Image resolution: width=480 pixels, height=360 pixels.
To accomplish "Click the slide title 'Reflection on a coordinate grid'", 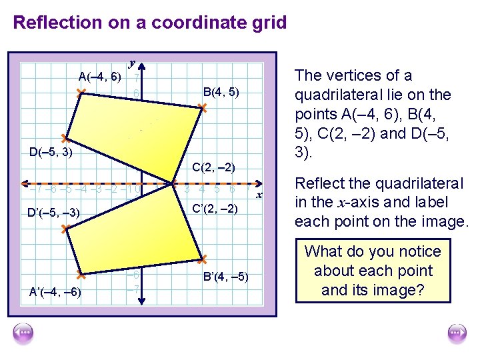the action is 150,23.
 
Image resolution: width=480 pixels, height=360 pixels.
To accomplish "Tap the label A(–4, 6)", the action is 99,77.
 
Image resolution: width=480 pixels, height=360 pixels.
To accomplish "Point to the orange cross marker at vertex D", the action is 64,139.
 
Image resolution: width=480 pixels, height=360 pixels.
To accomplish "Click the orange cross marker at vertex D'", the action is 64,229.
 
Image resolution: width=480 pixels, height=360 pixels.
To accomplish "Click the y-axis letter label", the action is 133,62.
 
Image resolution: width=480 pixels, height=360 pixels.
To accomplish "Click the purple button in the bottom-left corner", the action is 23,333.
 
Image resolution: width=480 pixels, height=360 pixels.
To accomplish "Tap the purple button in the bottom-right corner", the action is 457,333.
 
